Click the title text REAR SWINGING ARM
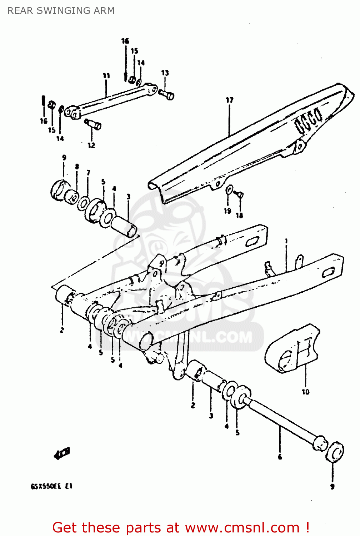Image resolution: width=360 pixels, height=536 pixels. tap(61, 11)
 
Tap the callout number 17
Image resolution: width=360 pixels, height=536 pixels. tap(229, 100)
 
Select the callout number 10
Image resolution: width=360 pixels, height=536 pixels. tap(305, 392)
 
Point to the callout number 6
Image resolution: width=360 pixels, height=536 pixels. tap(280, 457)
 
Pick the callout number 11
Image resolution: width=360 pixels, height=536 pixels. tap(106, 75)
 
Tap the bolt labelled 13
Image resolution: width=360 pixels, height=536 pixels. tap(166, 94)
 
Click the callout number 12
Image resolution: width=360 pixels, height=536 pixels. tap(91, 145)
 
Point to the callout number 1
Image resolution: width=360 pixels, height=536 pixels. tap(286, 241)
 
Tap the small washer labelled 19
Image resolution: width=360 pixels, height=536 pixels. tap(229, 190)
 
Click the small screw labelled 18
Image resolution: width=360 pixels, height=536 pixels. tap(239, 194)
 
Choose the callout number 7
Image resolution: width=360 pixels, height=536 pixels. tap(88, 173)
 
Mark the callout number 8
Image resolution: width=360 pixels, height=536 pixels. tap(77, 167)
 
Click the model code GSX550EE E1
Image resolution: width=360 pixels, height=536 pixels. tap(51, 486)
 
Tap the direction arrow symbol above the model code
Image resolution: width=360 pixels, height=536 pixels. tap(62, 453)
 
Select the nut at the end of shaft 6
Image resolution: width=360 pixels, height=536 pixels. tap(335, 451)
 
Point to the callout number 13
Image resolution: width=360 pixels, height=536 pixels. tap(165, 73)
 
